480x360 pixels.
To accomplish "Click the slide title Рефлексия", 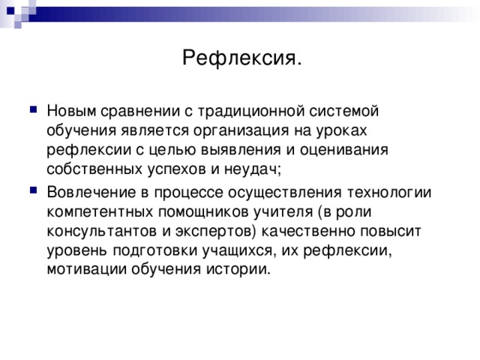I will [242, 58].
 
